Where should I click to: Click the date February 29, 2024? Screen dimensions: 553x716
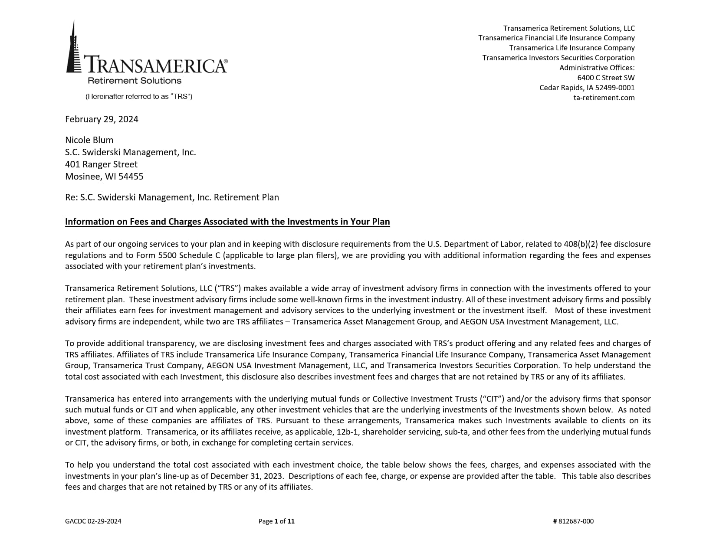[102, 119]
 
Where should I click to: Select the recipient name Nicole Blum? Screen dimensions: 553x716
[89, 140]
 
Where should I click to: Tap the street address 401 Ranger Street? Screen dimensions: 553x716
[101, 164]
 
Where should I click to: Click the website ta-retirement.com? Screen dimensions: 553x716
[604, 98]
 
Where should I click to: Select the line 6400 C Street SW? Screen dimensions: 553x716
[605, 78]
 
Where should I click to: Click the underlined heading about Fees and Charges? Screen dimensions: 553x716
[227, 222]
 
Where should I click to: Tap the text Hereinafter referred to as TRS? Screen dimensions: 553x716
[139, 96]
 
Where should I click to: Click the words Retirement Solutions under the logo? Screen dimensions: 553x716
[135, 81]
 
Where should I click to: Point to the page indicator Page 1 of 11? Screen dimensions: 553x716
[276, 521]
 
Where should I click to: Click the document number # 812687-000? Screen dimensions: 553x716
[573, 521]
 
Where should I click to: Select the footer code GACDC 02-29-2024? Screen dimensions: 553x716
[93, 521]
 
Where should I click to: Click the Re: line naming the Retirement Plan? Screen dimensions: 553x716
[172, 197]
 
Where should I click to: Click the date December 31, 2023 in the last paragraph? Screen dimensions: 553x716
[247, 476]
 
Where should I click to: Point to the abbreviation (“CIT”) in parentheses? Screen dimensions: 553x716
[492, 399]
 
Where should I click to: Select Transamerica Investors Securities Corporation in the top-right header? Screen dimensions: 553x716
[558, 58]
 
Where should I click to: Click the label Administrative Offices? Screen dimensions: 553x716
[597, 68]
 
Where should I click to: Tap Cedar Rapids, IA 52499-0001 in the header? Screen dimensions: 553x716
[587, 88]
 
